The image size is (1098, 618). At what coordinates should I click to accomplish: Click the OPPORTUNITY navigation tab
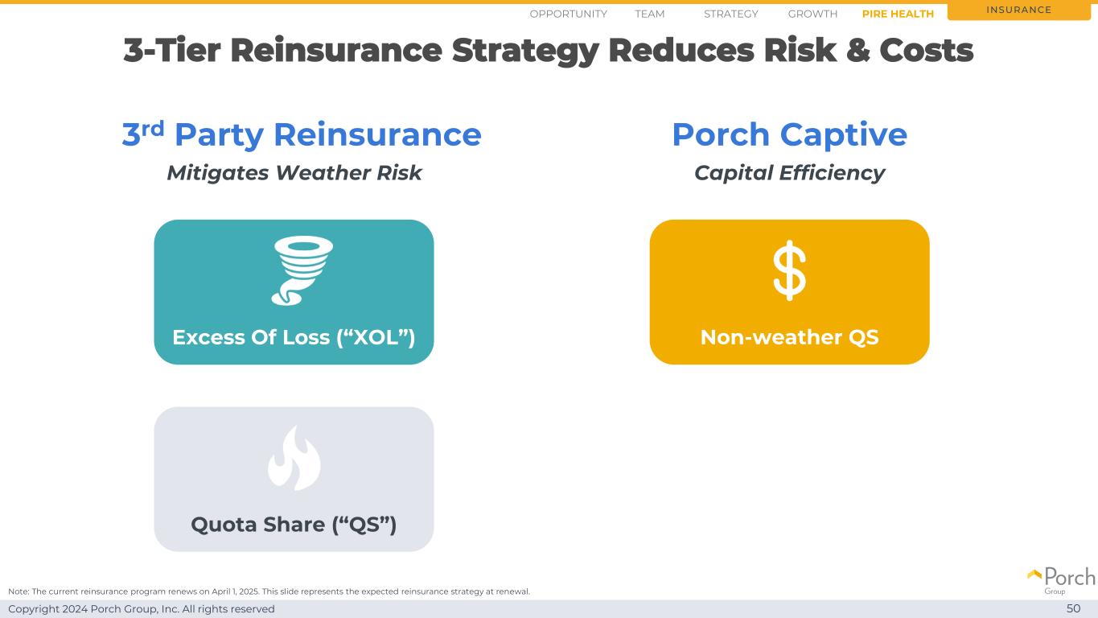[x=568, y=14]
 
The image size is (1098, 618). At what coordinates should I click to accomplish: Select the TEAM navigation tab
[x=649, y=14]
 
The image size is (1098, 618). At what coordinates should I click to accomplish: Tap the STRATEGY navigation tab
[x=731, y=14]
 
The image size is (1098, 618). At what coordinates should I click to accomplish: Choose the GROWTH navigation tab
[x=812, y=14]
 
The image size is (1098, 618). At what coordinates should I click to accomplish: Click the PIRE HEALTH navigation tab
[x=898, y=14]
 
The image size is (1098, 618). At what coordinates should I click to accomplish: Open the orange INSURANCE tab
[x=1018, y=10]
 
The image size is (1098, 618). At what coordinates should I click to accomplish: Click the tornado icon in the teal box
[x=302, y=270]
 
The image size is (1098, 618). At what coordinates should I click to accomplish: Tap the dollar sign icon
[x=789, y=270]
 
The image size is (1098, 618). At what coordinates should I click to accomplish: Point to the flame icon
[x=294, y=458]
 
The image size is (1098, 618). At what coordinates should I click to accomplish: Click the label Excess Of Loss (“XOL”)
[x=294, y=337]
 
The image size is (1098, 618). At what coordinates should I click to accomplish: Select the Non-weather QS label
[x=789, y=337]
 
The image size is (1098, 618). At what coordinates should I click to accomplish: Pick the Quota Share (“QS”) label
[x=294, y=525]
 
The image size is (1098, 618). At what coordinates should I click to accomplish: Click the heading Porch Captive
[x=789, y=134]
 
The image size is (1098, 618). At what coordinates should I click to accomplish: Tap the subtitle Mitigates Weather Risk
[x=294, y=173]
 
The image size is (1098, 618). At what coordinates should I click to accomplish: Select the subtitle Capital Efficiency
[x=789, y=173]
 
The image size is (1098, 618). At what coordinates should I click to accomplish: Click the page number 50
[x=1073, y=608]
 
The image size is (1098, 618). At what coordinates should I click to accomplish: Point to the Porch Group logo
[x=1061, y=581]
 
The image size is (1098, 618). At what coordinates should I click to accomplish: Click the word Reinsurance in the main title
[x=336, y=51]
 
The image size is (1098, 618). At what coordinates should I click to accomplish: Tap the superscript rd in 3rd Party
[x=153, y=129]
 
